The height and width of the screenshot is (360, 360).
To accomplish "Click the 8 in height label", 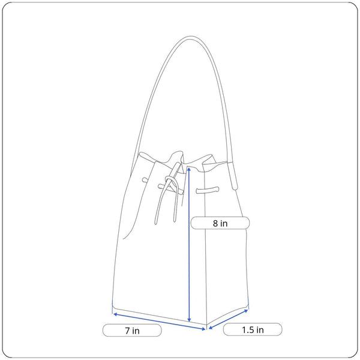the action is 220,223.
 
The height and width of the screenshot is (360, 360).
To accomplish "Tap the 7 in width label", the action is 132,331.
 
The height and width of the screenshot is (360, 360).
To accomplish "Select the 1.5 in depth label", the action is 253,329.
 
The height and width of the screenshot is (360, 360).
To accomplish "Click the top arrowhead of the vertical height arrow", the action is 189,169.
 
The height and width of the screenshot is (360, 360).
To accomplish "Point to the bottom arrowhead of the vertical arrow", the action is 189,320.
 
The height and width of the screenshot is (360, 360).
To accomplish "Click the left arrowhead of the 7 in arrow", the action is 115,314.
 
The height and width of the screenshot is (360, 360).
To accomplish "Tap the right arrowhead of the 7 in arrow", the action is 203,329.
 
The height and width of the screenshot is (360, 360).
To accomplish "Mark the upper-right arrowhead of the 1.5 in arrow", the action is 246,311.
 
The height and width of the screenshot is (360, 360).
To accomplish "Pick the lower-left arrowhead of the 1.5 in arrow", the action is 211,328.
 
